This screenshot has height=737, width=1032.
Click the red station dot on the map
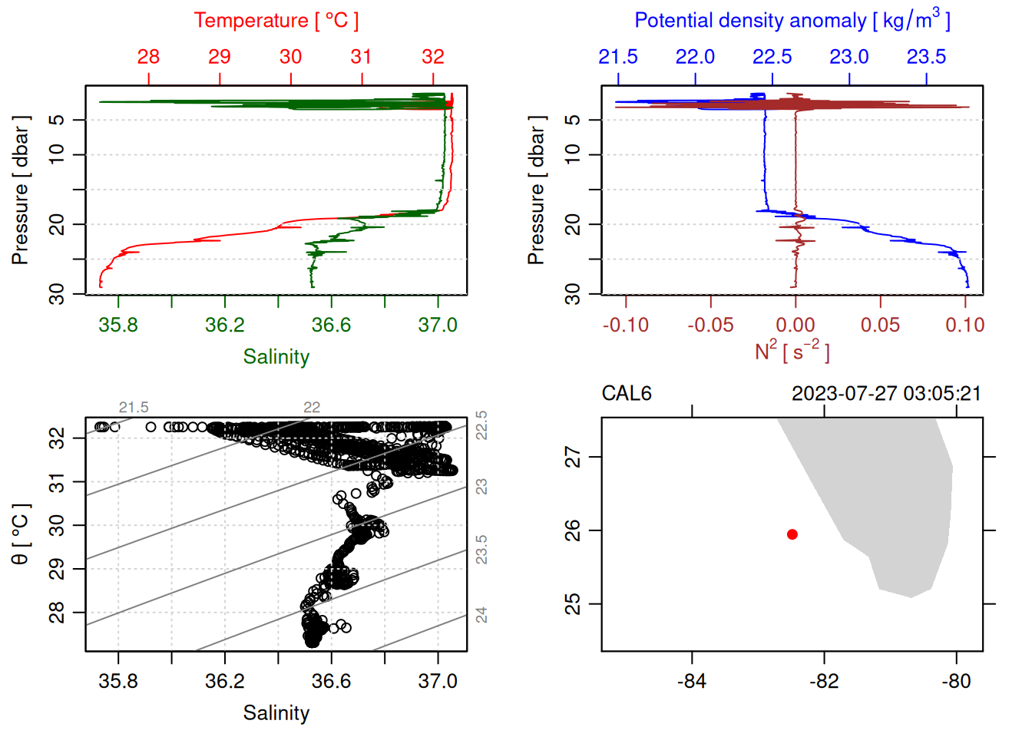792,534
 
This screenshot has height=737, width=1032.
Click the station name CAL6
627,394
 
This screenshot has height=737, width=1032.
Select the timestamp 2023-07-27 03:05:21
886,394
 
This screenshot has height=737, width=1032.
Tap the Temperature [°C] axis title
276,21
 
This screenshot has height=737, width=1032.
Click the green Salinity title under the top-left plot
276,357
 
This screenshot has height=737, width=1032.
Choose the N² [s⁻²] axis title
792,351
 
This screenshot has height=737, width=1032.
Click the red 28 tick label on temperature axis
148,57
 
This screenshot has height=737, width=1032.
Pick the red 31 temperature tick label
362,57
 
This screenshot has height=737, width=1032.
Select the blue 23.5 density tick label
926,57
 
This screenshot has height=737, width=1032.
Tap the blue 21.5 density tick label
618,57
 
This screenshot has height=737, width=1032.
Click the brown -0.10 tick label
626,326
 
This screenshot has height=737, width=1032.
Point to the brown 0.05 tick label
880,326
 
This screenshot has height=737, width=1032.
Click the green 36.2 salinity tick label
225,326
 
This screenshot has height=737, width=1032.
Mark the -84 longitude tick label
692,682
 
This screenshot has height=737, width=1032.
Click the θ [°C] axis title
21,534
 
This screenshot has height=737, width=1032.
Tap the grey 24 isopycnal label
481,615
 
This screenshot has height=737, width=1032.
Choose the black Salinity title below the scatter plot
276,713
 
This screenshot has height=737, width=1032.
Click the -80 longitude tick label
956,682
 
